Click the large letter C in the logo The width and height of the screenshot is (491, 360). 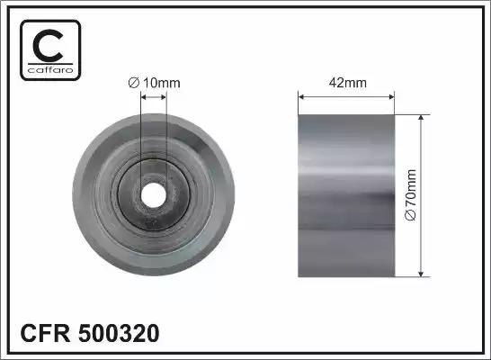pyautogui.click(x=48, y=46)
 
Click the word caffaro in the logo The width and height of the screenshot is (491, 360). pyautogui.click(x=50, y=69)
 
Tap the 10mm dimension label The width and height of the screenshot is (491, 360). pyautogui.click(x=162, y=83)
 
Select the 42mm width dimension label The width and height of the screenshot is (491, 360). pyautogui.click(x=348, y=83)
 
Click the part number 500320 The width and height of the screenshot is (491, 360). pyautogui.click(x=119, y=333)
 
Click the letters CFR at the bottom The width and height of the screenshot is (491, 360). pyautogui.click(x=45, y=333)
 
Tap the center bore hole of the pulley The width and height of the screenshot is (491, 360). pyautogui.click(x=153, y=195)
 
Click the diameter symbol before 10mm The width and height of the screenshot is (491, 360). pyautogui.click(x=134, y=83)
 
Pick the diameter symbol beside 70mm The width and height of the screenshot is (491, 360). pyautogui.click(x=411, y=215)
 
